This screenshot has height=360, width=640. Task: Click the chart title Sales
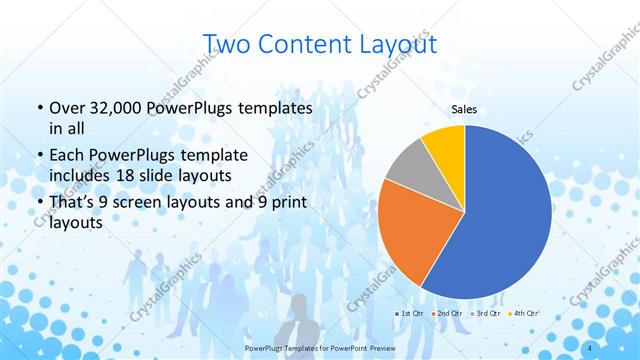465,110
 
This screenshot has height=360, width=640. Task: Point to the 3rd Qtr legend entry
487,315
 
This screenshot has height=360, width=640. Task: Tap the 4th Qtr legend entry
524,315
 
